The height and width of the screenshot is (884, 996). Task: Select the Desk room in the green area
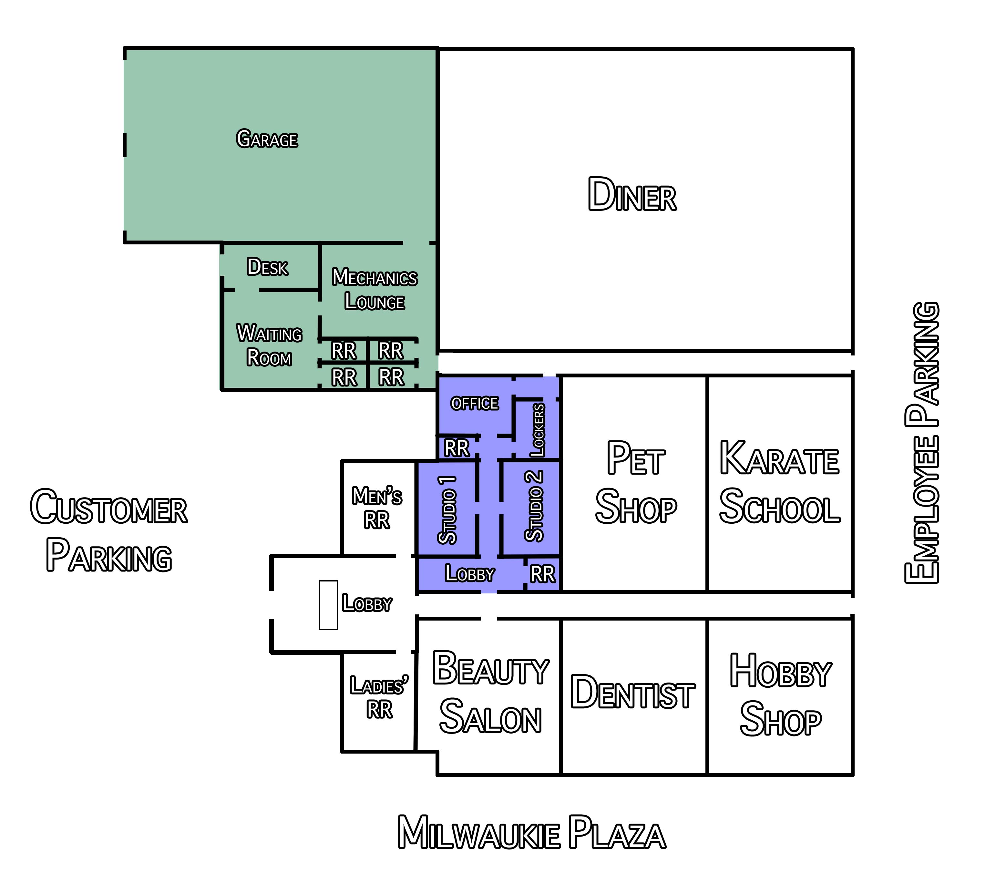(268, 267)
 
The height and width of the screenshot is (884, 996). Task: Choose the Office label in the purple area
(475, 404)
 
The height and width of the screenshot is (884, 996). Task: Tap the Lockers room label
(538, 430)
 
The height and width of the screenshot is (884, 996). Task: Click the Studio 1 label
(447, 510)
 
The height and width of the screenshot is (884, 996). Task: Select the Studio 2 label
(534, 506)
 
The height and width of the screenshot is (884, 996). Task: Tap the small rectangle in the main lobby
(328, 605)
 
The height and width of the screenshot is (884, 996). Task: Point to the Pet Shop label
(636, 482)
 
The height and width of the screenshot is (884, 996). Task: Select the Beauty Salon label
(491, 693)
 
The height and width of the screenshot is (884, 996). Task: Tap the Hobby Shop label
(781, 694)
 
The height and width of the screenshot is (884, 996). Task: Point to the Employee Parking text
(921, 443)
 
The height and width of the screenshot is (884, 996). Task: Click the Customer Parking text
(109, 530)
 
